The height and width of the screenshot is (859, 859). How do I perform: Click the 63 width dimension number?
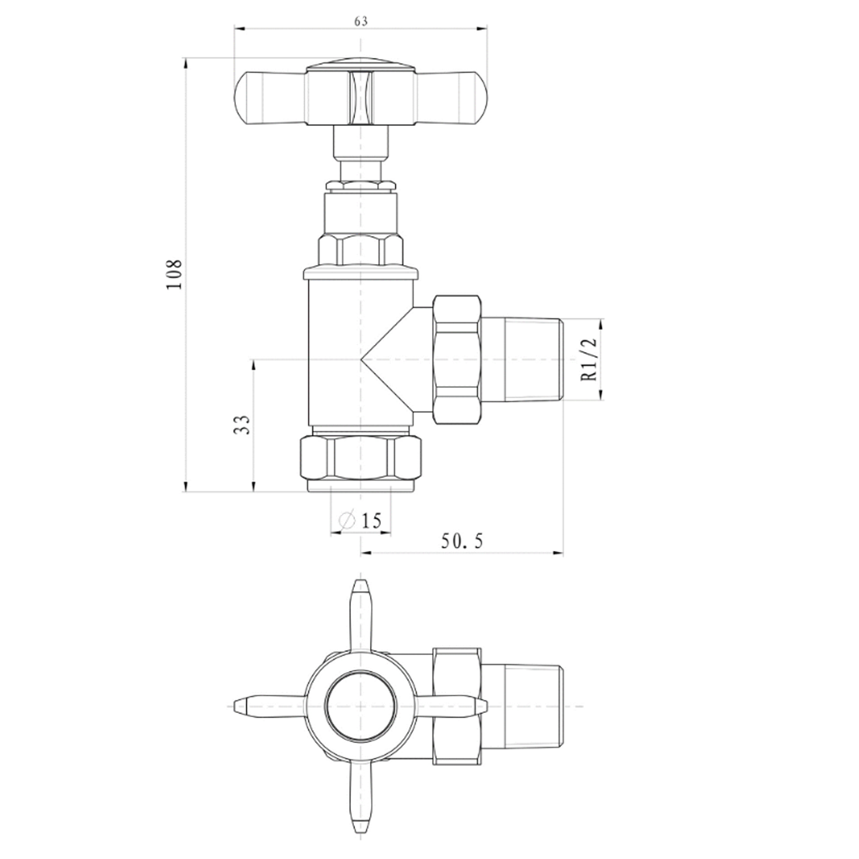point(361,21)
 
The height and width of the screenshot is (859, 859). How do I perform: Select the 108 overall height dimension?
point(175,274)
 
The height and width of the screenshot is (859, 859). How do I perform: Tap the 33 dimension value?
point(243,425)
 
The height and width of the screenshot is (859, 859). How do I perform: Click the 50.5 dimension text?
point(462,541)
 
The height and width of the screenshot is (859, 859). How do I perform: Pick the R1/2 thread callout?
point(589,359)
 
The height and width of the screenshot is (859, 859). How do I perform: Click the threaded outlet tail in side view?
point(521,360)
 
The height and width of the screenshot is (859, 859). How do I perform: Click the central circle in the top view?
point(360,706)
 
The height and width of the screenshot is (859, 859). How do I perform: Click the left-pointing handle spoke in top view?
point(269,706)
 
